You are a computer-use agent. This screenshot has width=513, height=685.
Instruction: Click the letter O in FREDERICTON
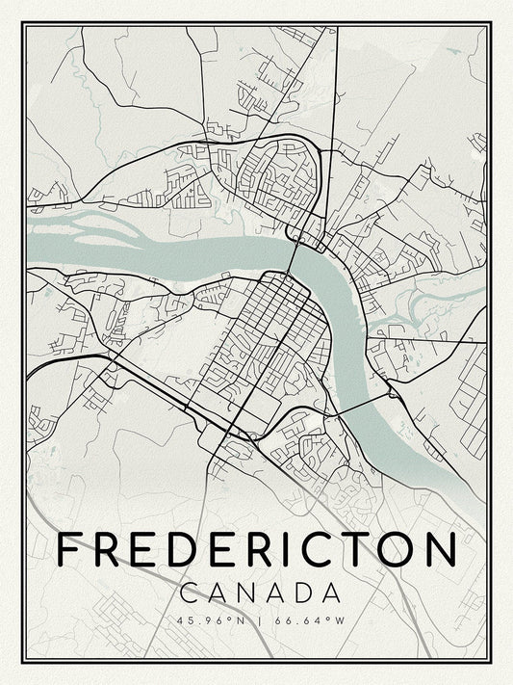[398, 550]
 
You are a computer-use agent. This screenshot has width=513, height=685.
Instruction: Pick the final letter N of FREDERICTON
[441, 550]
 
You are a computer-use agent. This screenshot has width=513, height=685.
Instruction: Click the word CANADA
[256, 591]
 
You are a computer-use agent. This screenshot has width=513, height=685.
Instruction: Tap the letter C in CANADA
[191, 591]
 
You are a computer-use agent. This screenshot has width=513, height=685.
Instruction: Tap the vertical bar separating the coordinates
[256, 620]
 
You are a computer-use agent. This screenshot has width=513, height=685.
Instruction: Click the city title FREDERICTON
[256, 550]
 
